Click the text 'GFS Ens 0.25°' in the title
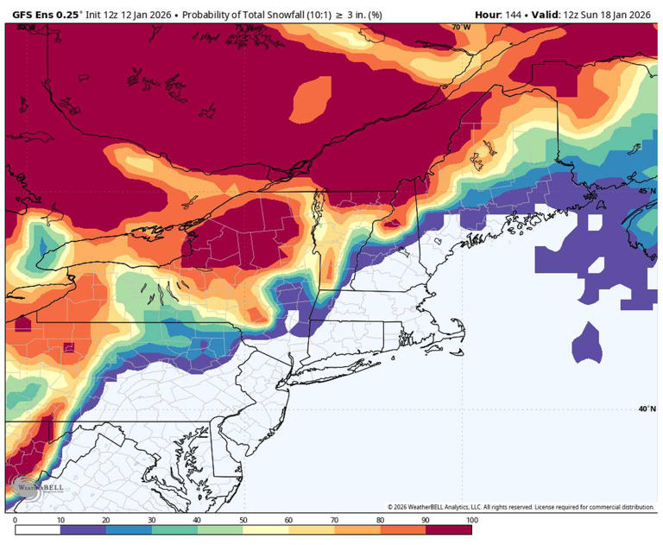click(x=43, y=15)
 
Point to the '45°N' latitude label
click(x=646, y=191)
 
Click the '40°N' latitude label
click(x=646, y=409)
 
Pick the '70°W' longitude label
click(x=461, y=28)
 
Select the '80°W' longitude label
click(x=27, y=28)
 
